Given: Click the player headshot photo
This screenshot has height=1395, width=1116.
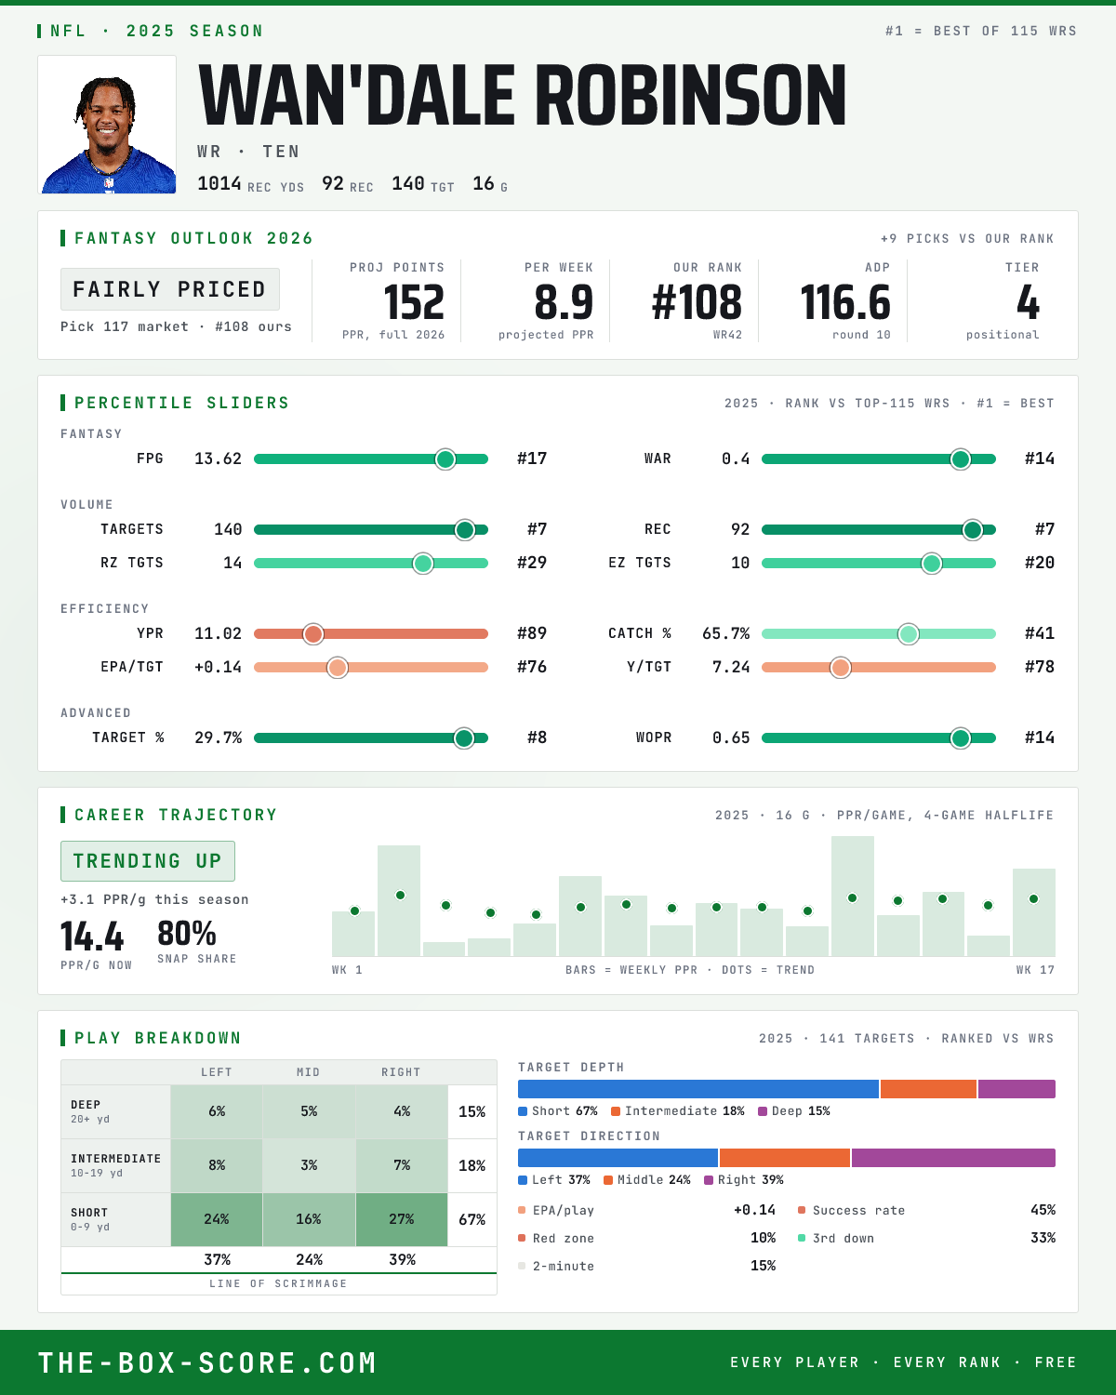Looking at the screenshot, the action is [107, 125].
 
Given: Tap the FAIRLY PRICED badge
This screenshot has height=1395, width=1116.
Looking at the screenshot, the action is [170, 289].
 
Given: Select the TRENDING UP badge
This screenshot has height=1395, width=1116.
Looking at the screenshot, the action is [148, 861].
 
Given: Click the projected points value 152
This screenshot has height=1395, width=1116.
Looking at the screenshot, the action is [414, 303].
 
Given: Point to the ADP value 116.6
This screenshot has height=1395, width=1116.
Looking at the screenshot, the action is [845, 303].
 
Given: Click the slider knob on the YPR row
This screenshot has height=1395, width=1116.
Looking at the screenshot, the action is [313, 634].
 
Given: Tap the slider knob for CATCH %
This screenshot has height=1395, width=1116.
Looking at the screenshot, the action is [909, 634].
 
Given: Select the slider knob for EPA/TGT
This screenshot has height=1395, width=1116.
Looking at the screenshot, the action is [338, 667].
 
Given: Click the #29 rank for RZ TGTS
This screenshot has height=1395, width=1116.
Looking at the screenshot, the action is [532, 563].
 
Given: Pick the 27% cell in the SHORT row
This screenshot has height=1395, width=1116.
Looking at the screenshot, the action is [402, 1219].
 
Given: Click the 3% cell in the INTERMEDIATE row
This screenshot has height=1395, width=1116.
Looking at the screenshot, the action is [309, 1165].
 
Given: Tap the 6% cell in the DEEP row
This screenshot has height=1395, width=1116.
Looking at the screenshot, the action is [217, 1111].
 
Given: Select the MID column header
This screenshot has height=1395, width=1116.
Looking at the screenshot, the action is [309, 1072].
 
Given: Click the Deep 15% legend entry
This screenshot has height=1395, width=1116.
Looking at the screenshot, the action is [794, 1111].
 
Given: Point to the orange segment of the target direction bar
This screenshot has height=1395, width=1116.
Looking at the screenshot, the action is [785, 1158].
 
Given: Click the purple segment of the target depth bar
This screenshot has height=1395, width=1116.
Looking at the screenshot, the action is [1016, 1089].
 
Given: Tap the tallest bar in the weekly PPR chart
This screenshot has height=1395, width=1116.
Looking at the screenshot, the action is [853, 896].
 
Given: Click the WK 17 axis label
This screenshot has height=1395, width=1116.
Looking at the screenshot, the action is [1036, 970].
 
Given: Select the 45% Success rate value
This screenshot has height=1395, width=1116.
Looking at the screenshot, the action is [1043, 1210].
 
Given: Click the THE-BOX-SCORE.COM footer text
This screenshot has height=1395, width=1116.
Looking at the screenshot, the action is [207, 1363].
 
